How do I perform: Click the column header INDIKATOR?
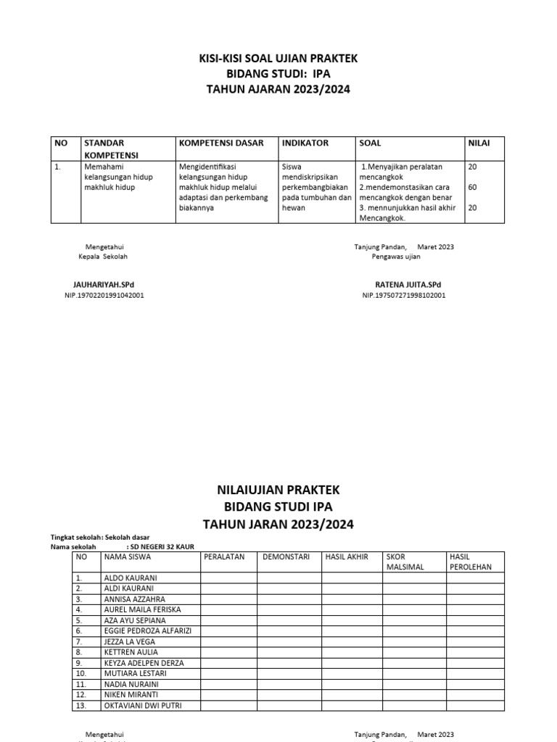coord(305,143)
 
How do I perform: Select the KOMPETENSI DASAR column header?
coord(221,143)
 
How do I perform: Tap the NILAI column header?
coord(479,143)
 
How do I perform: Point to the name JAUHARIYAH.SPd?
coord(104,285)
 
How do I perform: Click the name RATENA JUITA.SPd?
coord(407,285)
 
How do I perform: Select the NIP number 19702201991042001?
coord(104,296)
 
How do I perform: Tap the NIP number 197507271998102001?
coord(404,296)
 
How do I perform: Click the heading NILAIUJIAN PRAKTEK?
coord(278,491)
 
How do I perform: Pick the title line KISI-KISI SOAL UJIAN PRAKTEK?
coord(278,58)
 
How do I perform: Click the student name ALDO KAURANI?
coord(130,578)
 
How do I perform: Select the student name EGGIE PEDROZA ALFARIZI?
coord(147,631)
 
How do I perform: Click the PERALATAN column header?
coord(225,556)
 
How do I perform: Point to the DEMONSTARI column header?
coord(286,556)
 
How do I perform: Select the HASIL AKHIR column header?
coord(347,556)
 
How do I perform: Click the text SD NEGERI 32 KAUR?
coord(160,546)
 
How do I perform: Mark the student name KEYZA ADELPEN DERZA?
coord(144,663)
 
